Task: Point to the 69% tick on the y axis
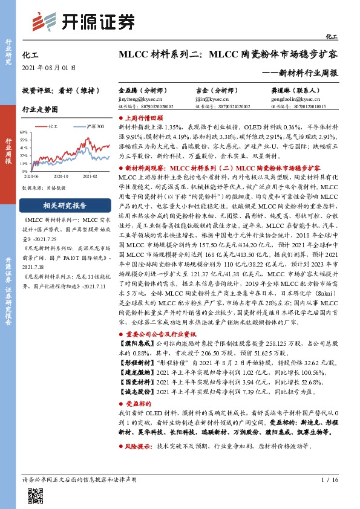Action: (25, 131)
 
